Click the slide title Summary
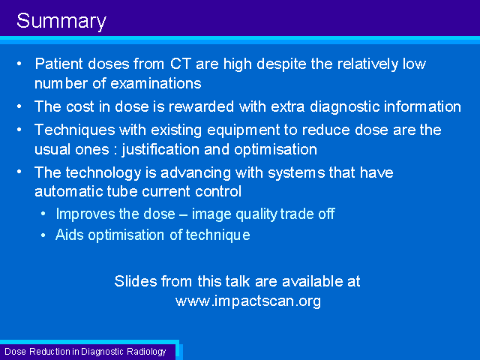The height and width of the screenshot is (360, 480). coord(61,22)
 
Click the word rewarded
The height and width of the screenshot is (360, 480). coord(201,106)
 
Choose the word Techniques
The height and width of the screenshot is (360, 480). coord(75,130)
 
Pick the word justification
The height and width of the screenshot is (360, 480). coord(160,150)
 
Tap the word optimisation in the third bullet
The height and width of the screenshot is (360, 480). coord(275,150)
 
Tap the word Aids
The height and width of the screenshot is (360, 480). coord(70,235)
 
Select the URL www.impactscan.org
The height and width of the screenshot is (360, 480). coord(248,301)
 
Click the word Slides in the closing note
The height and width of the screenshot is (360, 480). coord(136,281)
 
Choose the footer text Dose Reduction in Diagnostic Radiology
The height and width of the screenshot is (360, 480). coord(85,352)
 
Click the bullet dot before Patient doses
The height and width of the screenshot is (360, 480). coord(19,64)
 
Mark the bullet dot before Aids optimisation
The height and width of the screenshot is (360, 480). coord(43,235)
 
